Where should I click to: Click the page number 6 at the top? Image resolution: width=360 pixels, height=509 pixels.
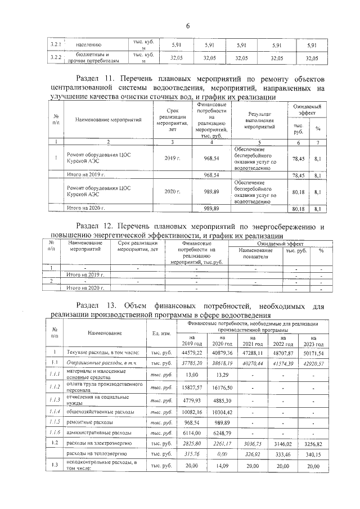188,25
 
